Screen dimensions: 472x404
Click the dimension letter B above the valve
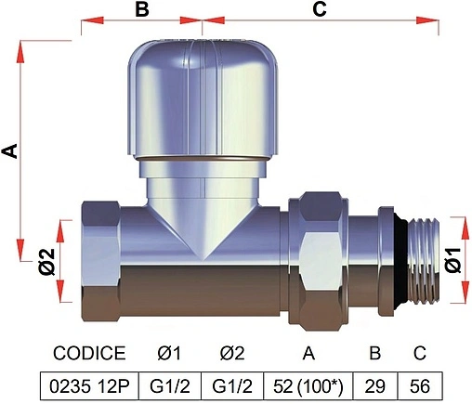142,9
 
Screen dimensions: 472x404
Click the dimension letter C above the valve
320,9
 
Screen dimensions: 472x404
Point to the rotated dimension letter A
10,150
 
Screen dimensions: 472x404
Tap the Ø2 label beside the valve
47,262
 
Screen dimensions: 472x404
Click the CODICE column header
89,353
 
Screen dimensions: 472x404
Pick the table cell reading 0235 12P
89,386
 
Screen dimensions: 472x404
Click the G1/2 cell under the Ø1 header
170,386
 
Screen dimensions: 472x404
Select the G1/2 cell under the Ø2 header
232,386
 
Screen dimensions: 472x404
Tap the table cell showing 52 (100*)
308,386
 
